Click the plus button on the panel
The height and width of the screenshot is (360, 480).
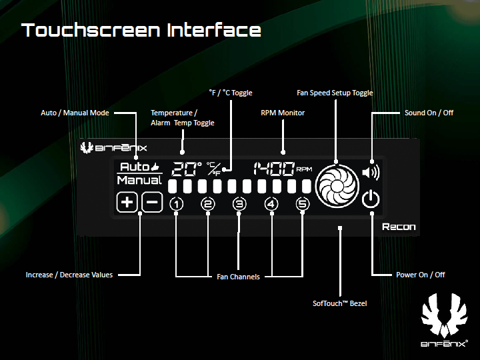click(127, 202)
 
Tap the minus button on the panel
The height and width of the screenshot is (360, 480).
click(153, 202)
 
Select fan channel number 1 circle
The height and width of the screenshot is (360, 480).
click(176, 204)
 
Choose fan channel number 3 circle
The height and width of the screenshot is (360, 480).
click(239, 204)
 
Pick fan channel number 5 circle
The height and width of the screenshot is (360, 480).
click(303, 204)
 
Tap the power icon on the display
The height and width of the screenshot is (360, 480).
click(371, 199)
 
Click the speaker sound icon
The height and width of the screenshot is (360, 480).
click(371, 173)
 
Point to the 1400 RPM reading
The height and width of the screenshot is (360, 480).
click(283, 169)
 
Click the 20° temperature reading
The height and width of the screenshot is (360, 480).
click(187, 169)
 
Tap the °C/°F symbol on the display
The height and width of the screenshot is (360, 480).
click(214, 169)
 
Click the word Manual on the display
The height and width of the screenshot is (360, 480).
click(139, 180)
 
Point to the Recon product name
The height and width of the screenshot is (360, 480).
click(399, 227)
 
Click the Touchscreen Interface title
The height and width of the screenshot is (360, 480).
click(141, 30)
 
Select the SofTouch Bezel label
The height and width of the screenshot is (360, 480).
click(340, 303)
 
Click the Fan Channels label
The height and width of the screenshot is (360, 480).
click(238, 277)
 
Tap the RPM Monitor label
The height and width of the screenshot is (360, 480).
click(283, 113)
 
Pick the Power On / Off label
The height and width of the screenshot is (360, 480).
click(421, 275)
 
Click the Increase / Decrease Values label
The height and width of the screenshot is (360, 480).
click(69, 275)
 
